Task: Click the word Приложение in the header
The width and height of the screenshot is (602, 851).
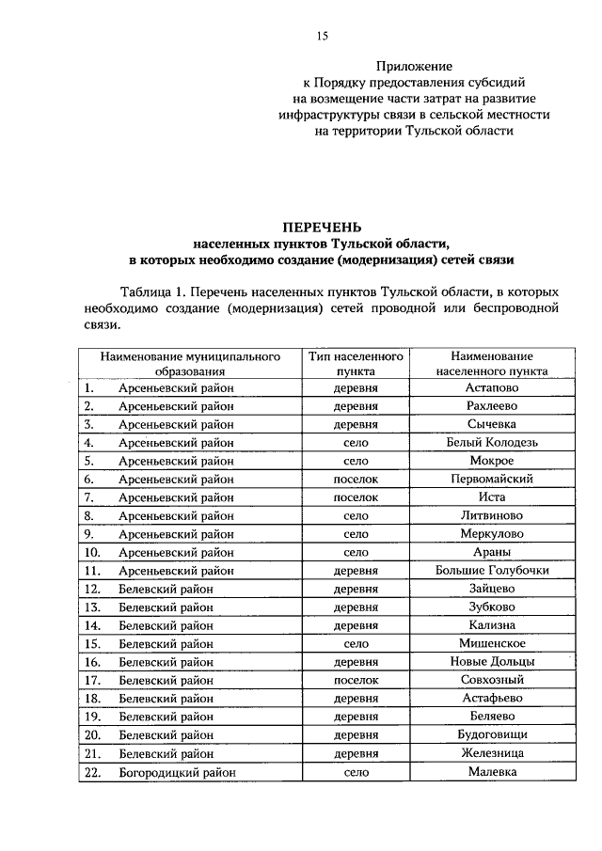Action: [414, 67]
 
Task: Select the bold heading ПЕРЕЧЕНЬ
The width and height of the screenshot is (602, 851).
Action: [323, 226]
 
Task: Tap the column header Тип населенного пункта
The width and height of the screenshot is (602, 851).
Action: [343, 364]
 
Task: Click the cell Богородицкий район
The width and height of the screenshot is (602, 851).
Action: [177, 772]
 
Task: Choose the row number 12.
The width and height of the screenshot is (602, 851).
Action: [92, 589]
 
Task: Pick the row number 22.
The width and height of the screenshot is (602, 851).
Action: [92, 772]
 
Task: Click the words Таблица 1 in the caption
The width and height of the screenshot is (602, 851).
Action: [152, 292]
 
